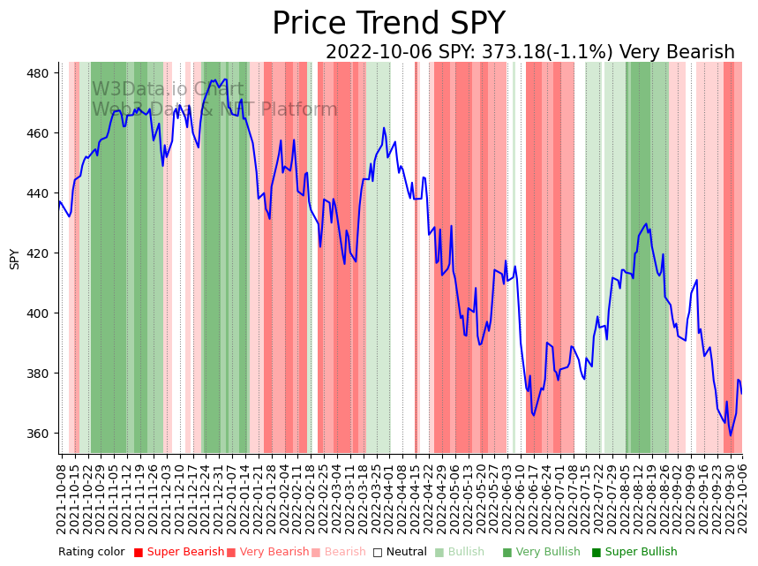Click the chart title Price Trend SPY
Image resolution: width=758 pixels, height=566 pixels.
pyautogui.click(x=388, y=24)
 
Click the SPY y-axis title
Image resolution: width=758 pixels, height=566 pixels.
pyautogui.click(x=14, y=259)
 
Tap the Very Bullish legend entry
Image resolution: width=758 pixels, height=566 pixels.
pyautogui.click(x=542, y=553)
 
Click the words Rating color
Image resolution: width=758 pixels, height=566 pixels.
pyautogui.click(x=92, y=553)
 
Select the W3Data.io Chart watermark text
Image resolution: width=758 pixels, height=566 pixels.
pyautogui.click(x=168, y=89)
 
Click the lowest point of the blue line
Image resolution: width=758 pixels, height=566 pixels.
pyautogui.click(x=730, y=435)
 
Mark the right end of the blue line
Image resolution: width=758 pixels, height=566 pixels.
pyautogui.click(x=741, y=393)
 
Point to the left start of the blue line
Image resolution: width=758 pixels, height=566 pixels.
pyautogui.click(x=59, y=200)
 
